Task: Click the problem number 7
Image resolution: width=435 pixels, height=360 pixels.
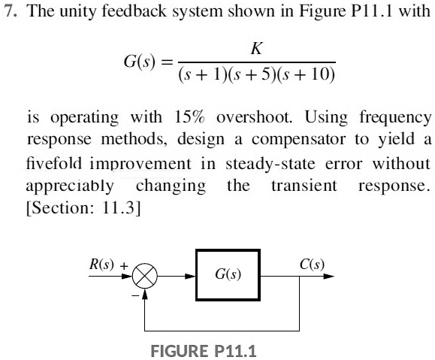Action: click(x=9, y=14)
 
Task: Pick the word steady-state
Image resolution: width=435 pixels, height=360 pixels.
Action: click(x=265, y=164)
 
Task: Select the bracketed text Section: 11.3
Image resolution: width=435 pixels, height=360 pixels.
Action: click(x=83, y=207)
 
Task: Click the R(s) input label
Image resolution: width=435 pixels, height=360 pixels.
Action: click(x=101, y=264)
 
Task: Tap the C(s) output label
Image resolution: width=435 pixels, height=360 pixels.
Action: click(x=311, y=264)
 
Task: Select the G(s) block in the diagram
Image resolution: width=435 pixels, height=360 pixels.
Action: click(x=228, y=276)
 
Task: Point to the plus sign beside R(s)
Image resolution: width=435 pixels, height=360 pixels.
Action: click(x=125, y=265)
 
